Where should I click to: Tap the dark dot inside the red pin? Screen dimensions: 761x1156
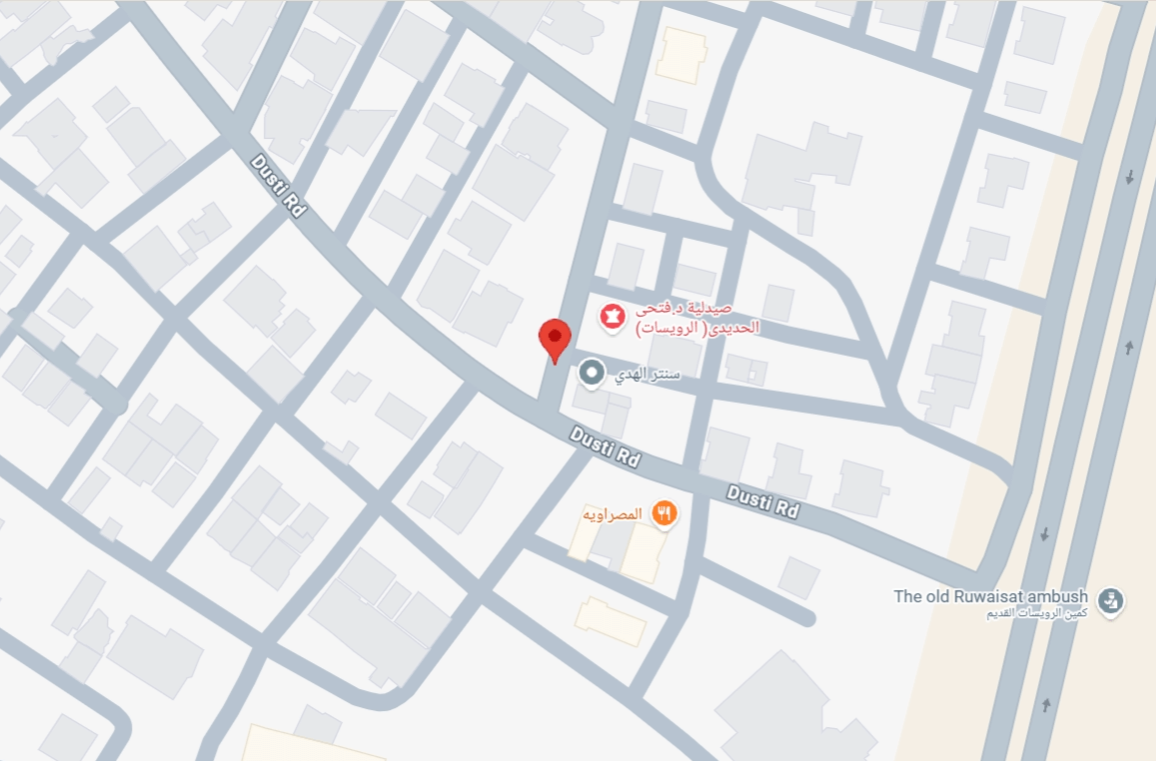tap(555, 334)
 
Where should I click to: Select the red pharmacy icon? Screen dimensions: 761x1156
tap(610, 317)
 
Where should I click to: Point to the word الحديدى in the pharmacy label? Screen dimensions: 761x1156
tap(732, 327)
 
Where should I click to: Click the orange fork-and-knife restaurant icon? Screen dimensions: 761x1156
tap(663, 514)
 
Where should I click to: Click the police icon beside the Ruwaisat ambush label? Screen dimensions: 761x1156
tap(1110, 601)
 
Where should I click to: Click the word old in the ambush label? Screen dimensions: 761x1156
tap(939, 596)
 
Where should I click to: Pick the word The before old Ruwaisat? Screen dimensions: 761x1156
tap(907, 596)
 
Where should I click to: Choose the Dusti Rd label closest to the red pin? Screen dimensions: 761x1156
tap(604, 447)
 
